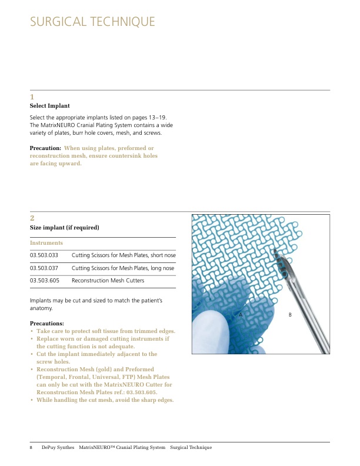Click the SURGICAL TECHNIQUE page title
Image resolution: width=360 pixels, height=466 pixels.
(x=92, y=22)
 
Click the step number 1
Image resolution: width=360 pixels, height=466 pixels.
(x=32, y=97)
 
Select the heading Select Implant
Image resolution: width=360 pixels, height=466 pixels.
(x=50, y=106)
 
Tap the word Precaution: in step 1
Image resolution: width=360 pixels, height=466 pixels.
(x=45, y=148)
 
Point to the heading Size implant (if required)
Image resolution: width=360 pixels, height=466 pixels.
(x=64, y=228)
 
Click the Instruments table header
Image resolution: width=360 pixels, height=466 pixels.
(x=46, y=242)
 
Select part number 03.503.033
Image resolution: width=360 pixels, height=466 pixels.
(x=45, y=255)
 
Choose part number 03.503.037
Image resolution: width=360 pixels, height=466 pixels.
(x=45, y=268)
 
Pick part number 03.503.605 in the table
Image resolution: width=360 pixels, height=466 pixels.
(x=45, y=281)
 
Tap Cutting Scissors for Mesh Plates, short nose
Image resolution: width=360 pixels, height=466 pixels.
(x=123, y=255)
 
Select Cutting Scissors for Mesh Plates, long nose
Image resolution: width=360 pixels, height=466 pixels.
(x=123, y=268)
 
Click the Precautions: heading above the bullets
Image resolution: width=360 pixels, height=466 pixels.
(x=46, y=324)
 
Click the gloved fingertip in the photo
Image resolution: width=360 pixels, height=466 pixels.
(x=212, y=329)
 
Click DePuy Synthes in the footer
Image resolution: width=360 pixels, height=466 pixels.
(x=58, y=448)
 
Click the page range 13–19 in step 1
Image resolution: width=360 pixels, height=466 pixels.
(x=151, y=118)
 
